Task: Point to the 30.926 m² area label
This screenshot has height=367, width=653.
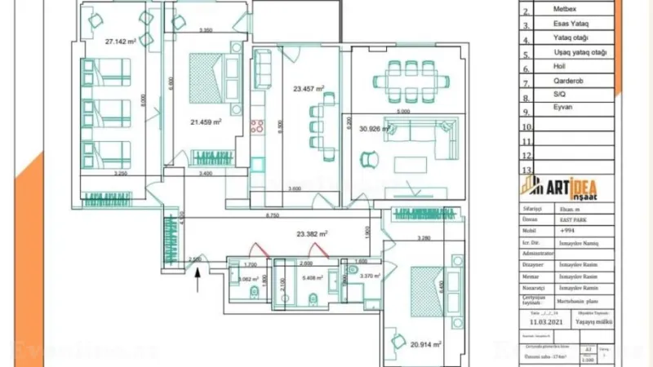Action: click(377, 128)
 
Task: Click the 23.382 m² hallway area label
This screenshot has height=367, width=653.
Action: click(312, 233)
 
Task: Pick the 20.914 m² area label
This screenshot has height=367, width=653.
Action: click(426, 345)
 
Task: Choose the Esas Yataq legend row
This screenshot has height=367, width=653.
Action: click(571, 24)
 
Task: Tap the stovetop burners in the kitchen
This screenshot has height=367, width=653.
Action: click(259, 126)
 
